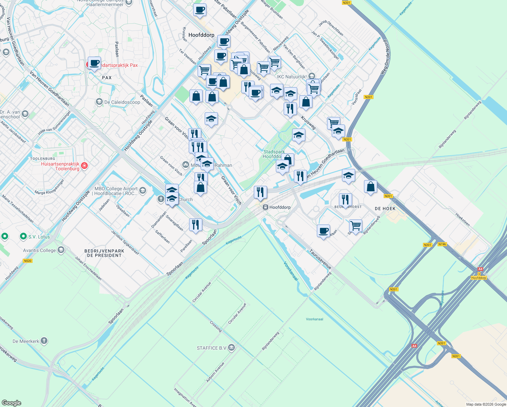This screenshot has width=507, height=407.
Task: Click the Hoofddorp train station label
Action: pyautogui.click(x=280, y=207)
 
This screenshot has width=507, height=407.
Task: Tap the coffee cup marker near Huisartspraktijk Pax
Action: pyautogui.click(x=95, y=63)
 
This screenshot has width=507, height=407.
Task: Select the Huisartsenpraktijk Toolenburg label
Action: pyautogui.click(x=60, y=166)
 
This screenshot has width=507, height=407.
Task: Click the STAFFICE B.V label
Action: pyautogui.click(x=212, y=348)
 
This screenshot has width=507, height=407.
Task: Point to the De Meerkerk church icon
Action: pyautogui.click(x=44, y=341)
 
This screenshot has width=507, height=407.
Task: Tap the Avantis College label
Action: pyautogui.click(x=40, y=250)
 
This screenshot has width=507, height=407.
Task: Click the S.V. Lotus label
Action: pyautogui.click(x=39, y=237)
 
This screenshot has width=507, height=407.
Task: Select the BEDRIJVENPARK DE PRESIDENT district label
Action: pyautogui.click(x=104, y=253)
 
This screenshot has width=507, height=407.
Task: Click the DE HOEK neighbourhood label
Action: pyautogui.click(x=385, y=209)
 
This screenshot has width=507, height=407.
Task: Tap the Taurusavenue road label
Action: pyautogui.click(x=320, y=259)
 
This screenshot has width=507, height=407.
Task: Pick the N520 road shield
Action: pyautogui.click(x=28, y=261)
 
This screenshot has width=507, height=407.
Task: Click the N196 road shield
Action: pyautogui.click(x=442, y=244)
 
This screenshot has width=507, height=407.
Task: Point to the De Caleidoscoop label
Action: pyautogui.click(x=122, y=102)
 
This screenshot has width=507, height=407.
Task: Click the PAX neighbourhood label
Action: pyautogui.click(x=107, y=78)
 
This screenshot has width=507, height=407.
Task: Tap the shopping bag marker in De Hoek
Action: pyautogui.click(x=371, y=187)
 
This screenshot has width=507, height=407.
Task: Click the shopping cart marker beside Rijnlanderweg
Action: pyautogui.click(x=356, y=225)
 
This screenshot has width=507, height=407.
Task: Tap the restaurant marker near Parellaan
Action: pyautogui.click(x=196, y=225)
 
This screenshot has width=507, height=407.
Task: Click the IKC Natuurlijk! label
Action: pyautogui.click(x=292, y=77)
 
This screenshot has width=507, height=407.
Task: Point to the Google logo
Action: pyautogui.click(x=11, y=403)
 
